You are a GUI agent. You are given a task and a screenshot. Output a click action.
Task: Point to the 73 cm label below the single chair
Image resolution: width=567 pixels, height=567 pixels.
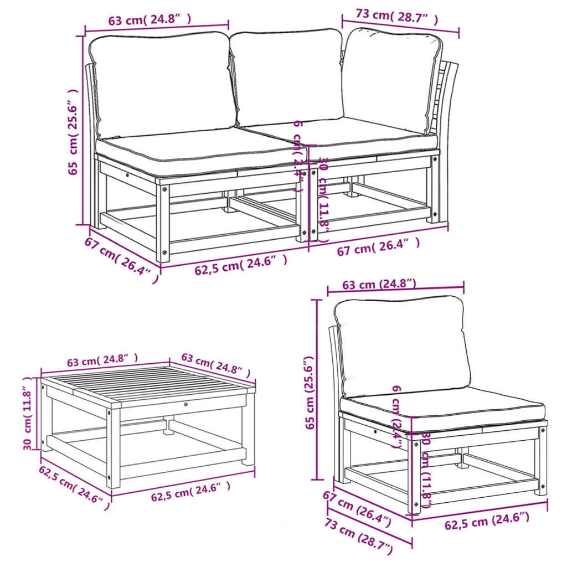pyautogui.click(x=359, y=536)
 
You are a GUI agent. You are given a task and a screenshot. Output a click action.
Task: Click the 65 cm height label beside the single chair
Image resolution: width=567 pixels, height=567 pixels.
pyautogui.click(x=311, y=393)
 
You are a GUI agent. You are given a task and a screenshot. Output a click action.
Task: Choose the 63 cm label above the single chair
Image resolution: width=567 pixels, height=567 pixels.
pyautogui.click(x=379, y=285)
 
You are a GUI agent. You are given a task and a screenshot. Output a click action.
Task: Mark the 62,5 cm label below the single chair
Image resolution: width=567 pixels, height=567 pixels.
pyautogui.click(x=487, y=520)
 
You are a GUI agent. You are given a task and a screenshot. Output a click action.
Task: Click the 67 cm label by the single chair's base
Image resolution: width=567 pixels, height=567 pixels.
pyautogui.click(x=358, y=507)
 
